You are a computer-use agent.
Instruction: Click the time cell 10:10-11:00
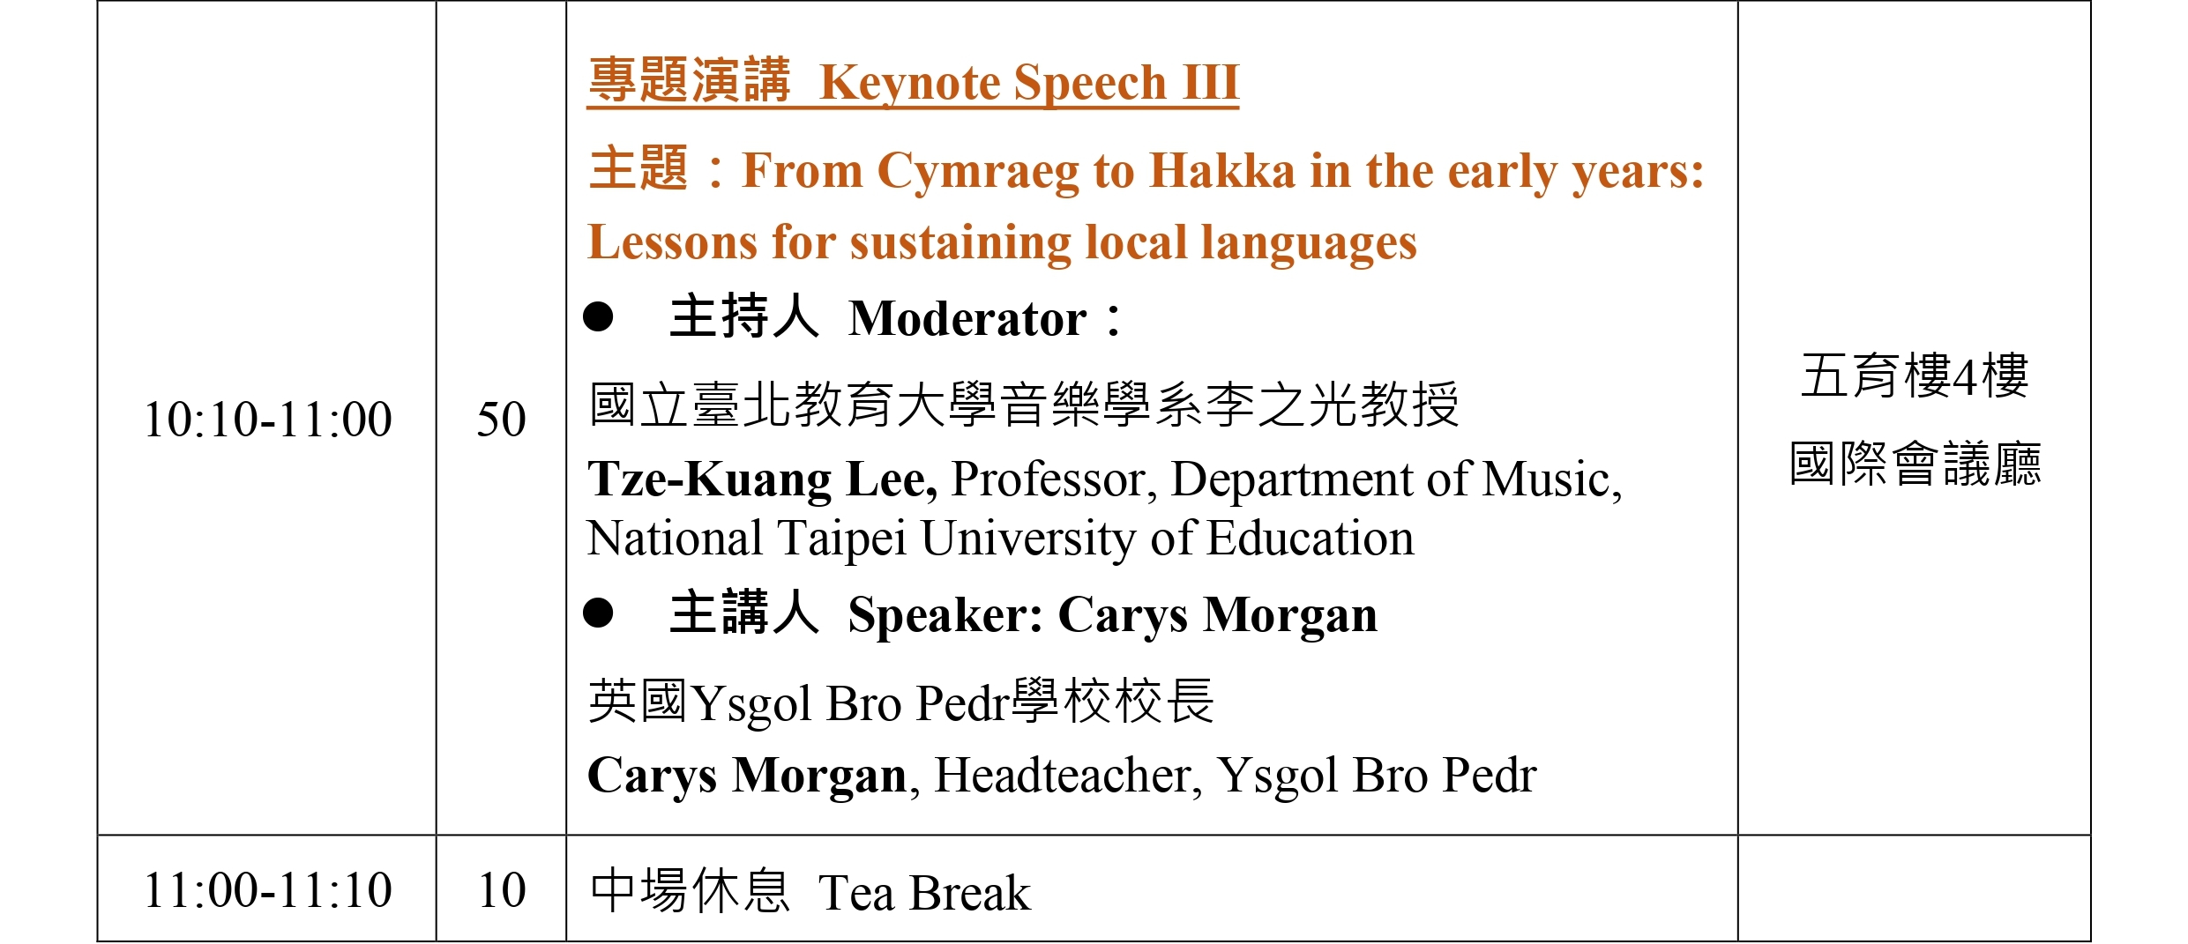[x=267, y=420]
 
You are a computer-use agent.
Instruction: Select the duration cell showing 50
[x=501, y=420]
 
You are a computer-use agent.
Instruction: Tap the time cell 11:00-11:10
[x=267, y=890]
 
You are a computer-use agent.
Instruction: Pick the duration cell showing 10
[x=502, y=890]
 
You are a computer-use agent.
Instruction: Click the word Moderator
[x=967, y=318]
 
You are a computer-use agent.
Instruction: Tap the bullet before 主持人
[x=598, y=316]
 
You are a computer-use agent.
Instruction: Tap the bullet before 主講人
[x=598, y=613]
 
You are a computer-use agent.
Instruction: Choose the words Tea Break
[x=924, y=893]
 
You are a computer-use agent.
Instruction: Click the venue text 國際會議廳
[x=1915, y=464]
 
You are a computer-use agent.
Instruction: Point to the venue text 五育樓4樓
[x=1915, y=375]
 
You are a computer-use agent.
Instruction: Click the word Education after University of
[x=1311, y=539]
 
